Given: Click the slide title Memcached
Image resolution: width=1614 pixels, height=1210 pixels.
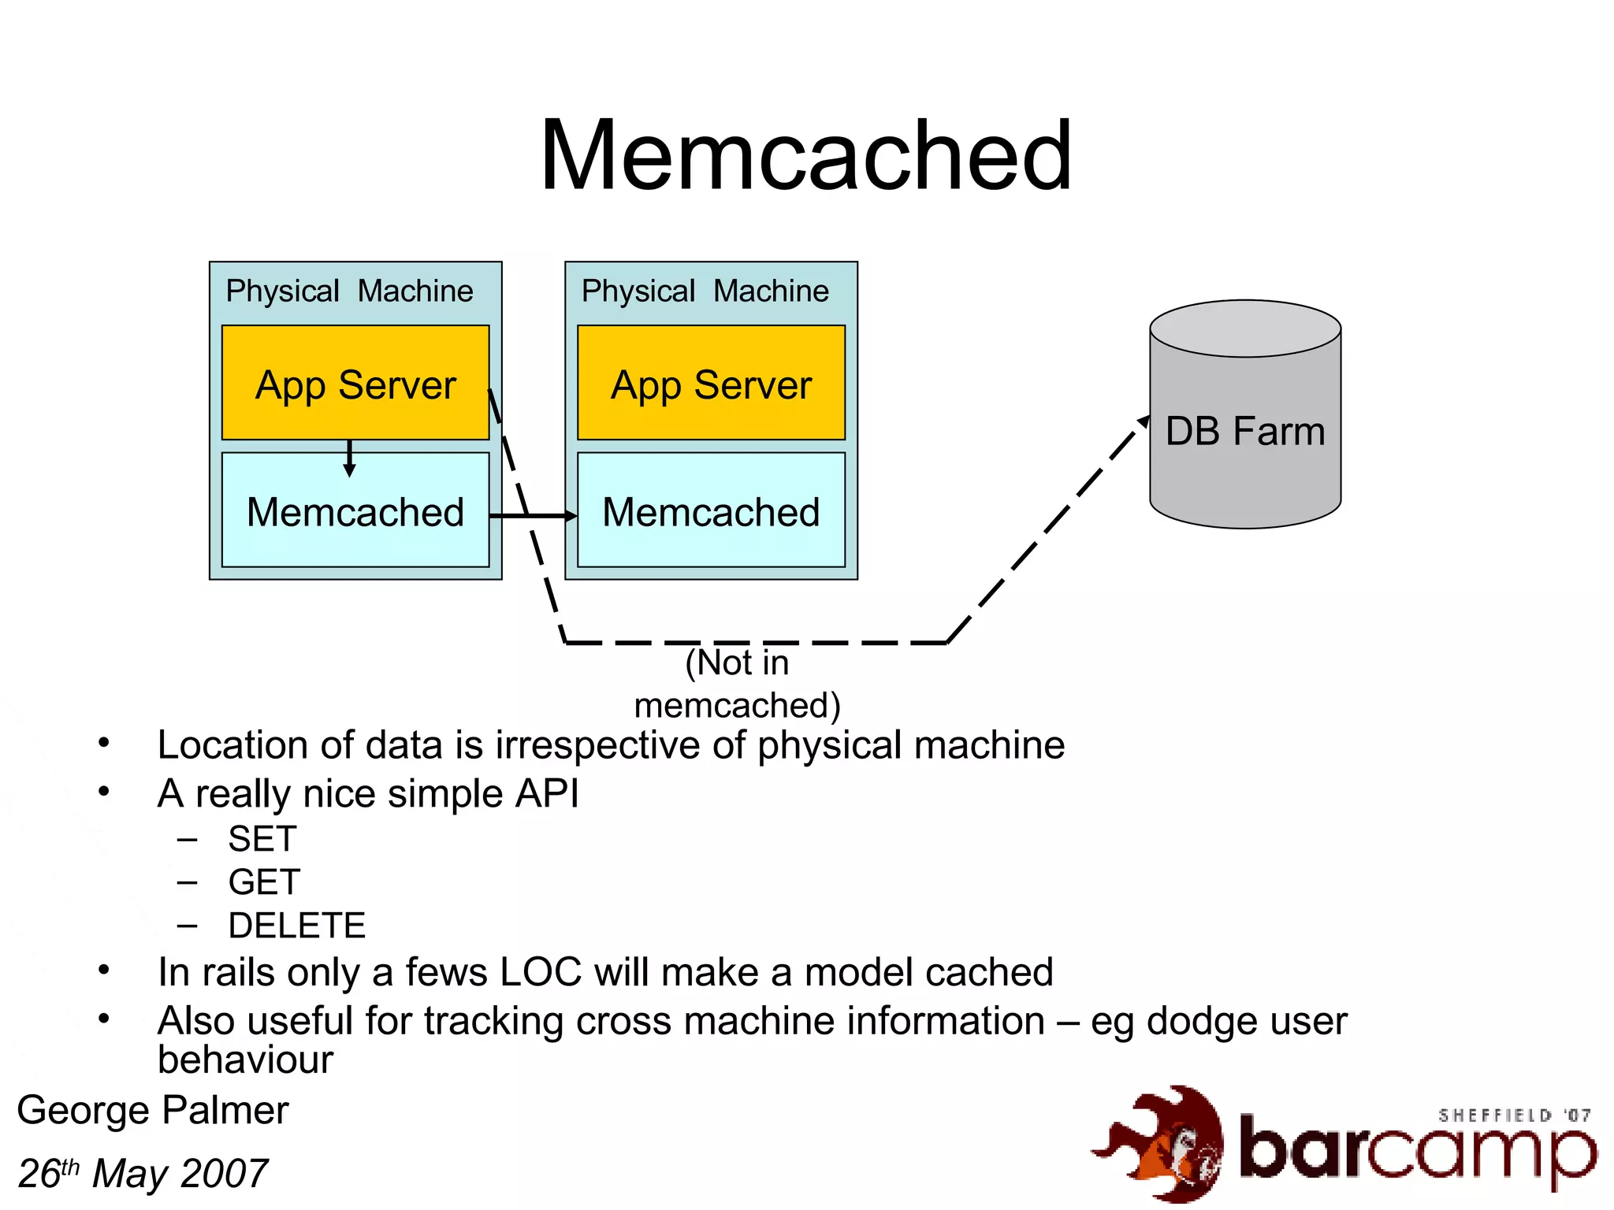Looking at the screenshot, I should pos(805,156).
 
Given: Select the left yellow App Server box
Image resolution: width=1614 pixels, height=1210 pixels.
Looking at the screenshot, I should pos(355,384).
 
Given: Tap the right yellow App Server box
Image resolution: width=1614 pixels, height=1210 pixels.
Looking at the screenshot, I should pos(711,384).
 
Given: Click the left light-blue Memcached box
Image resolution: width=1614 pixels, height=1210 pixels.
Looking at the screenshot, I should pos(355,511).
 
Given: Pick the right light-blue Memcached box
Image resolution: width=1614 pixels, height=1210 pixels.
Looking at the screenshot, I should pos(711,511).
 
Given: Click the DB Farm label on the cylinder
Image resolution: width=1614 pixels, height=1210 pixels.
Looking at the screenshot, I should pos(1244,432).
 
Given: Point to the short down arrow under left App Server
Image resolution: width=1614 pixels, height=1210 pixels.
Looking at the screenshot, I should pos(350,458).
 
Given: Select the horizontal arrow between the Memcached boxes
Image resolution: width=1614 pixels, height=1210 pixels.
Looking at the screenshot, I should pos(533,516).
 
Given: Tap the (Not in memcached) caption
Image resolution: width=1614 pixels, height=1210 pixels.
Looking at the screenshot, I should pos(737,684).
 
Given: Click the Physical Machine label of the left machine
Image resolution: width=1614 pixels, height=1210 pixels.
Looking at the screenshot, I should pos(349,291).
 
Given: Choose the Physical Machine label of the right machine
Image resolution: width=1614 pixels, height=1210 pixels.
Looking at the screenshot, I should pos(705,291).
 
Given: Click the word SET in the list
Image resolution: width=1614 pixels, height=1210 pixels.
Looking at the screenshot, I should pos(262,839).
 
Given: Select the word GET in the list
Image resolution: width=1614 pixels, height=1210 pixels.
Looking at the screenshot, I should pos(264,882).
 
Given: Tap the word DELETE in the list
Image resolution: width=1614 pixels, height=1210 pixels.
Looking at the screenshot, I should pos(296,926).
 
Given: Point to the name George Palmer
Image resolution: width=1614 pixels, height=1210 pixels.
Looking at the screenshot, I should pos(153,1111).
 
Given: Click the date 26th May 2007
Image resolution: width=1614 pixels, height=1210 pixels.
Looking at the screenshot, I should pos(143,1174).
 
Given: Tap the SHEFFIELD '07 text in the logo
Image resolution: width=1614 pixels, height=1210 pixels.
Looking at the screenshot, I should pos(1513,1115).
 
